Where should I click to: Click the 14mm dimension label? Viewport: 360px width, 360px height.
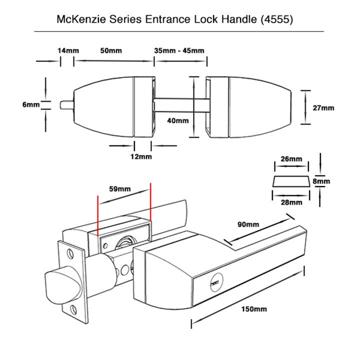tap(68, 51)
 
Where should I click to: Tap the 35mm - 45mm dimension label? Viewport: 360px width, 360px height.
tap(179, 51)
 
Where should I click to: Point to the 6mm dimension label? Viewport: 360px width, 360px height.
tap(30, 104)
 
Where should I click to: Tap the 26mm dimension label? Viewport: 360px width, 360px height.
tap(291, 159)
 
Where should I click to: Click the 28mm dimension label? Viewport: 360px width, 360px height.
tap(291, 202)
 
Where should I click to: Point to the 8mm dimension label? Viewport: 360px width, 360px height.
tap(321, 181)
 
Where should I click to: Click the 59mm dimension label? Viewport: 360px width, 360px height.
tap(119, 189)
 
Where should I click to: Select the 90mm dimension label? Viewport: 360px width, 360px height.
tap(248, 224)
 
